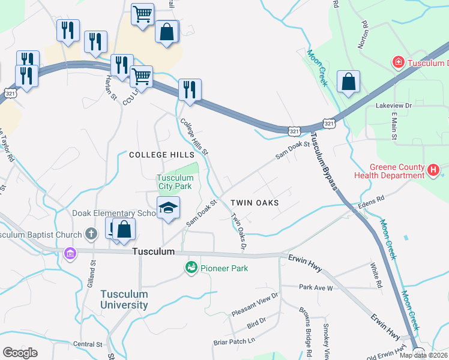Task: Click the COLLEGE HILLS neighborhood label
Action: tap(162, 155)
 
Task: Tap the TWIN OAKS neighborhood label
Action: tap(255, 203)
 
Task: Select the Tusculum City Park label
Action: tap(175, 182)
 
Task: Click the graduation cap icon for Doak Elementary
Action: tap(169, 209)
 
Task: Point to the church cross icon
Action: tap(91, 233)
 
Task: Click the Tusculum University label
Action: tap(124, 299)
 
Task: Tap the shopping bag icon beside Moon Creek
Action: tap(348, 82)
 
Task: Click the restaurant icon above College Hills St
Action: tap(190, 89)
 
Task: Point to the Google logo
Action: tap(20, 353)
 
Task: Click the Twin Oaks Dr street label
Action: tap(239, 232)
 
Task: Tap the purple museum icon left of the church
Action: tap(71, 254)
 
